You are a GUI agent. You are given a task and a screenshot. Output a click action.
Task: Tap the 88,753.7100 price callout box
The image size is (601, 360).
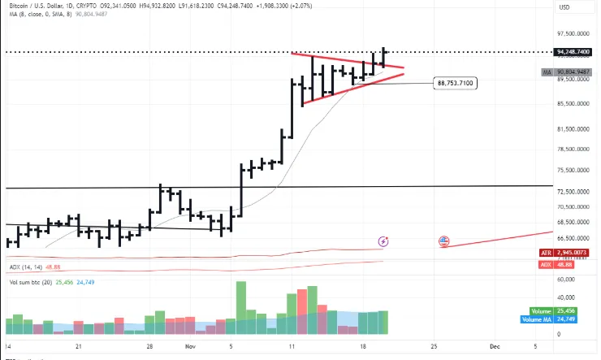point(455,83)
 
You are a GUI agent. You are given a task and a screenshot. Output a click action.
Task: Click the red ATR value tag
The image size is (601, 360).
point(569,254)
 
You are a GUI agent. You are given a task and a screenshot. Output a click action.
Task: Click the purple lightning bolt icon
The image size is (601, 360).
point(384,241)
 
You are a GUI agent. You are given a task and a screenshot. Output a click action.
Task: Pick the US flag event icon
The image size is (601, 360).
point(444,241)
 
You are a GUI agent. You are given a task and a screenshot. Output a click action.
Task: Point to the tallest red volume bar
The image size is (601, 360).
point(313,310)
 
